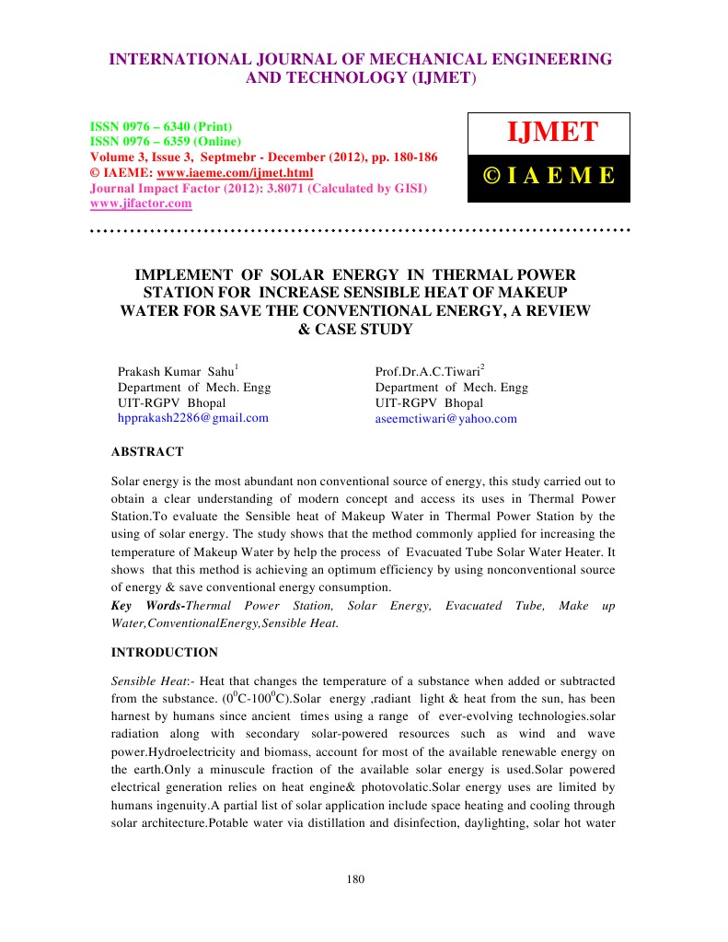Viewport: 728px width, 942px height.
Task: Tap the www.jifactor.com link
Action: click(140, 203)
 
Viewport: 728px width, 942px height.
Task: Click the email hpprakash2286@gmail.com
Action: click(193, 417)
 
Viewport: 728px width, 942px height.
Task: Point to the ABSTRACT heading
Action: click(147, 451)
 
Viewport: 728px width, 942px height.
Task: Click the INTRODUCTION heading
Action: click(164, 652)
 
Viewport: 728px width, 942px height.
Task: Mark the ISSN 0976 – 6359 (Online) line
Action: click(164, 142)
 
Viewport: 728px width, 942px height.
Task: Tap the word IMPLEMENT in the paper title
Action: click(179, 274)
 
